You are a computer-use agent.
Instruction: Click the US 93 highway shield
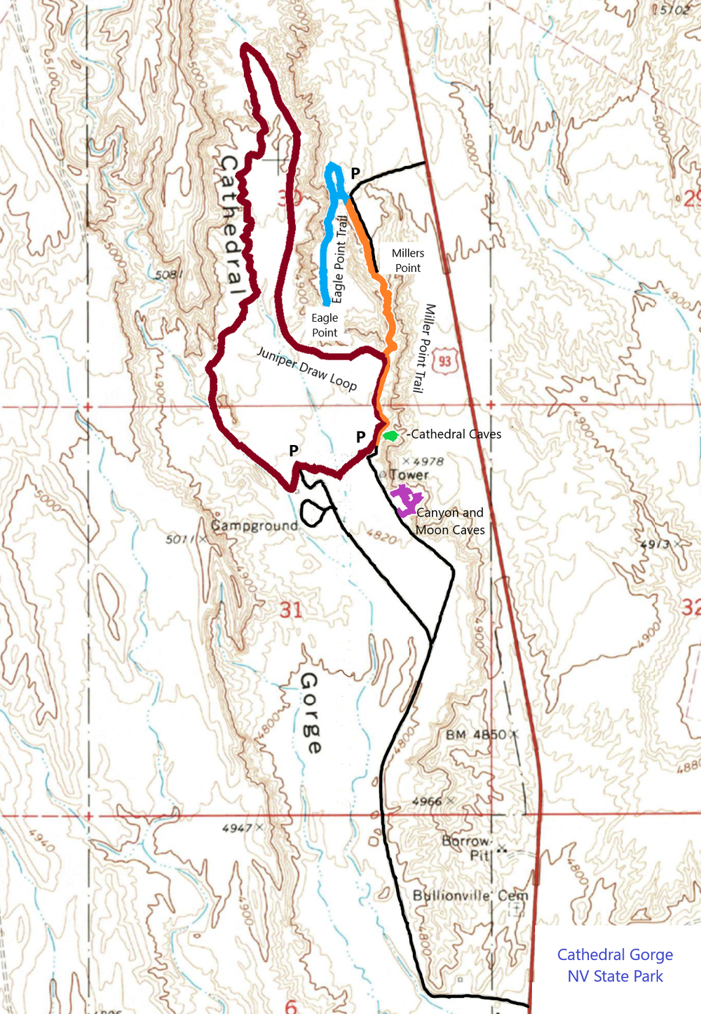(x=445, y=362)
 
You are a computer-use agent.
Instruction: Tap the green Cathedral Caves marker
(x=390, y=436)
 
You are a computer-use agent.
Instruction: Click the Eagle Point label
(x=325, y=325)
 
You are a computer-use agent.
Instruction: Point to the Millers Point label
(x=408, y=260)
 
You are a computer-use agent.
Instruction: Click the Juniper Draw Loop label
(x=307, y=369)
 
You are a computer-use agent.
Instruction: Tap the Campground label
(x=254, y=526)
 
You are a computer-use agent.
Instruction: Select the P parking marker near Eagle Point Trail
(x=355, y=172)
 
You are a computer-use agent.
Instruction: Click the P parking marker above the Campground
(x=294, y=451)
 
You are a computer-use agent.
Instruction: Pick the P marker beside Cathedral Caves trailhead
(x=360, y=437)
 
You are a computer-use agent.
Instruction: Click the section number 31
(x=292, y=610)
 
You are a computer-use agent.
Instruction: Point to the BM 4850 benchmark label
(x=476, y=734)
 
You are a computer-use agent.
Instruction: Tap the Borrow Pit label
(x=467, y=847)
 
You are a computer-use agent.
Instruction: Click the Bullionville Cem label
(x=470, y=896)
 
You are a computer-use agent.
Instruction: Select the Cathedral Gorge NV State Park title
(x=615, y=965)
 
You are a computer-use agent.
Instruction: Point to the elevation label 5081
(x=168, y=274)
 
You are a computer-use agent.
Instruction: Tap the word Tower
(x=409, y=475)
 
